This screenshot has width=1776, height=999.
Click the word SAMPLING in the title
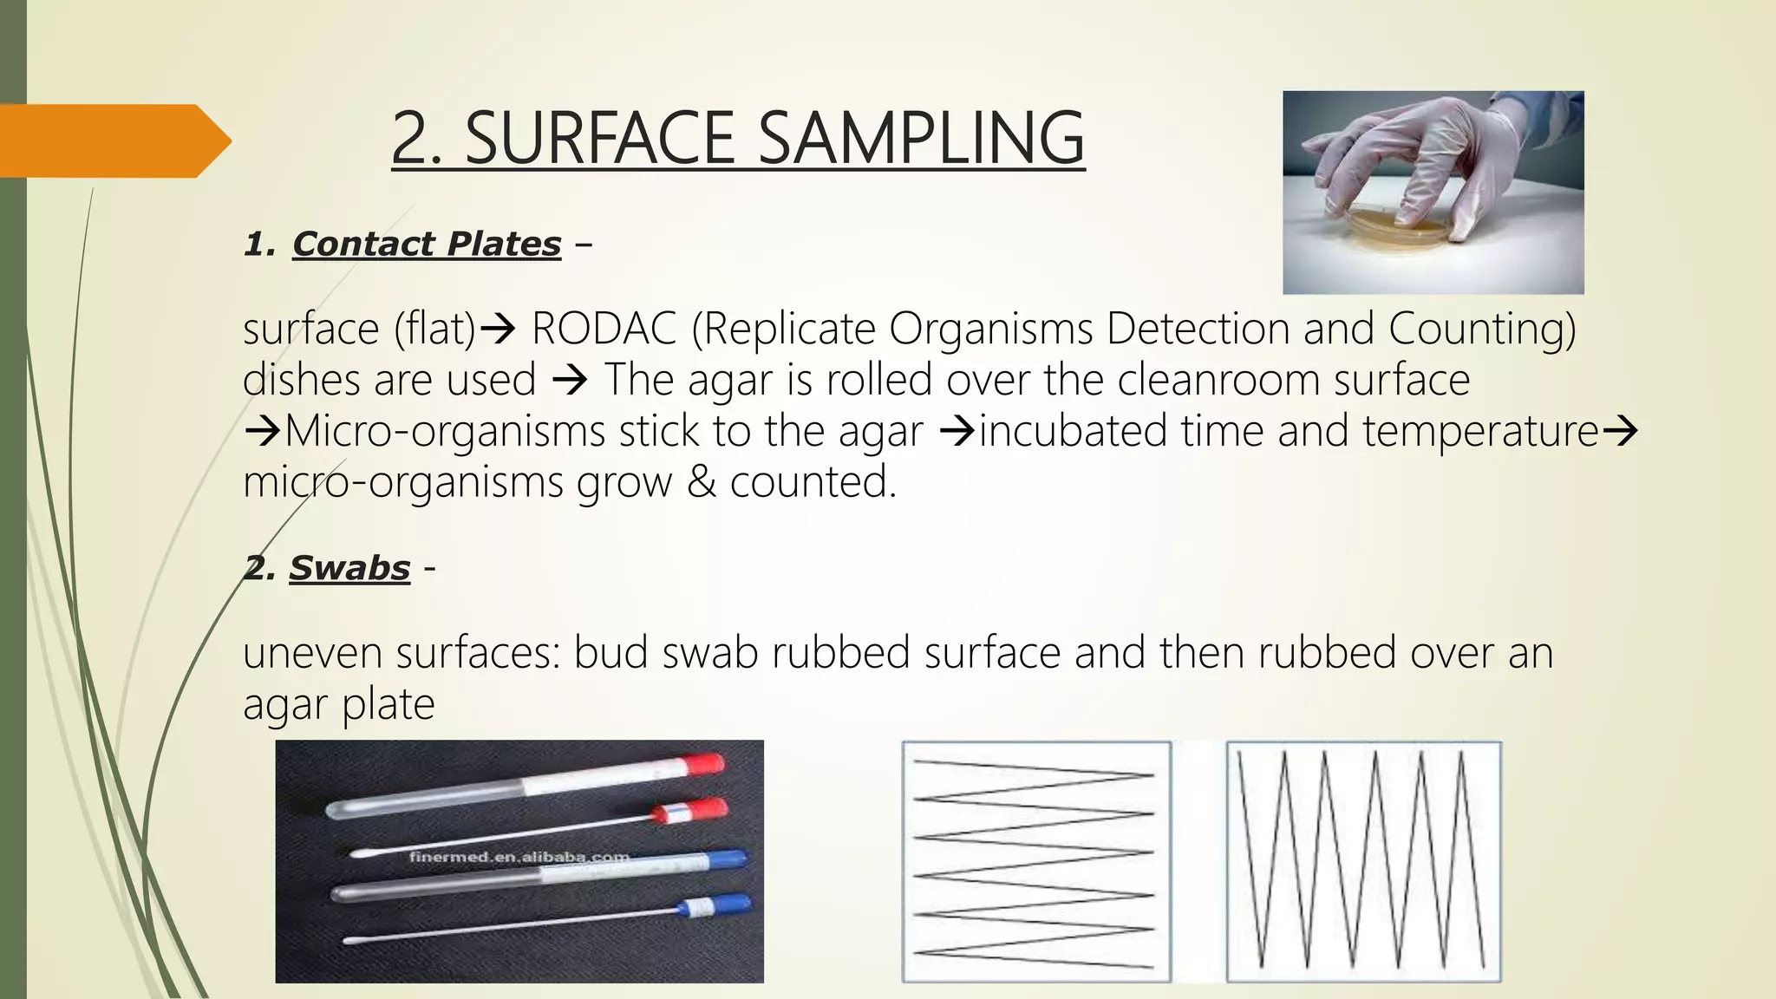click(x=921, y=138)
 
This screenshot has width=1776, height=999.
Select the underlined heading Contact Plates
click(x=427, y=245)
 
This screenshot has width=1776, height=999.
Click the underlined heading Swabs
click(x=349, y=569)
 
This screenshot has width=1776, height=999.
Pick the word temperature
click(x=1480, y=431)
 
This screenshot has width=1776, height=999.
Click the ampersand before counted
click(x=701, y=482)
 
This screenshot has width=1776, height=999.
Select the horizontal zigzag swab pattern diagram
click(x=1035, y=861)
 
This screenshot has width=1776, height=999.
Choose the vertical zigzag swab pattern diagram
click(x=1363, y=861)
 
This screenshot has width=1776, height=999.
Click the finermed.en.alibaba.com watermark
click(x=519, y=858)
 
